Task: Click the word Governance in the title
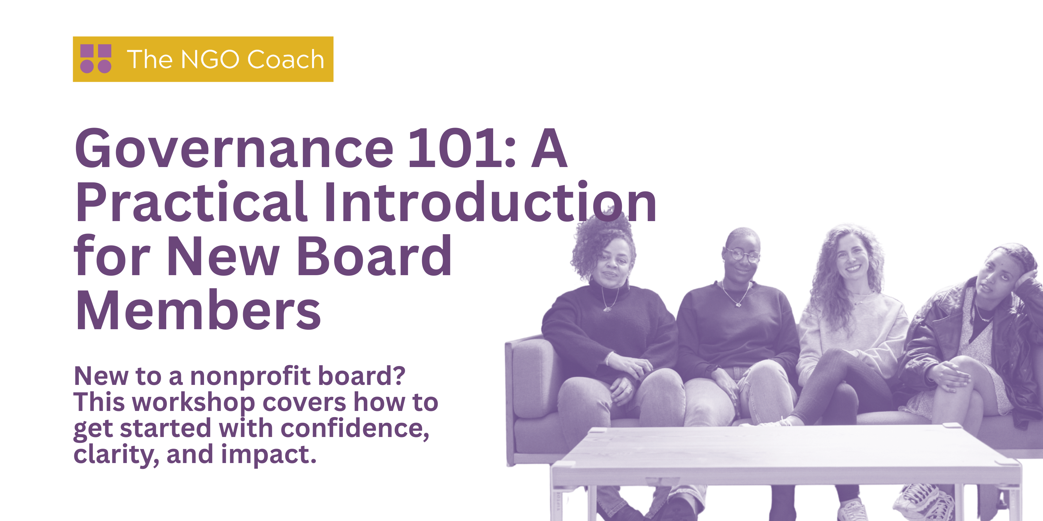click(x=234, y=149)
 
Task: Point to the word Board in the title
click(x=375, y=256)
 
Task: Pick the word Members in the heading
click(x=198, y=310)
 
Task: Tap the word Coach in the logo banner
click(x=286, y=60)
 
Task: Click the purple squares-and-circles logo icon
click(x=95, y=59)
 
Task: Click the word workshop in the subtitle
click(x=194, y=402)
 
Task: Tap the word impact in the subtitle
click(x=268, y=455)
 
